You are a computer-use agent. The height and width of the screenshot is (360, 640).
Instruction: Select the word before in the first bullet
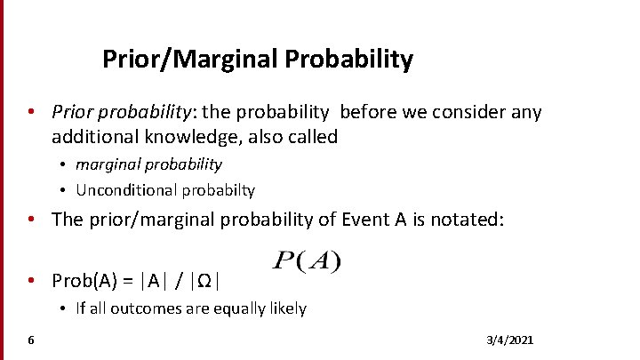(x=365, y=112)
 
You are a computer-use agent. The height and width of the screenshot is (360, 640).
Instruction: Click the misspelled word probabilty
(x=212, y=189)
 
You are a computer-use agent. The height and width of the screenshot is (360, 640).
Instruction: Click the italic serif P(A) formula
(x=306, y=261)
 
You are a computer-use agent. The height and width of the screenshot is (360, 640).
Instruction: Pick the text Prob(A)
(x=87, y=280)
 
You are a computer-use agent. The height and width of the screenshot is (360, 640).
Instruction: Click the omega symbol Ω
(x=204, y=280)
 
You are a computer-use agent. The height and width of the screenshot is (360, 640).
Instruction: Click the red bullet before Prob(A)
(x=31, y=280)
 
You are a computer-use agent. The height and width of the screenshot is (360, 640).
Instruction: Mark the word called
(x=312, y=137)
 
